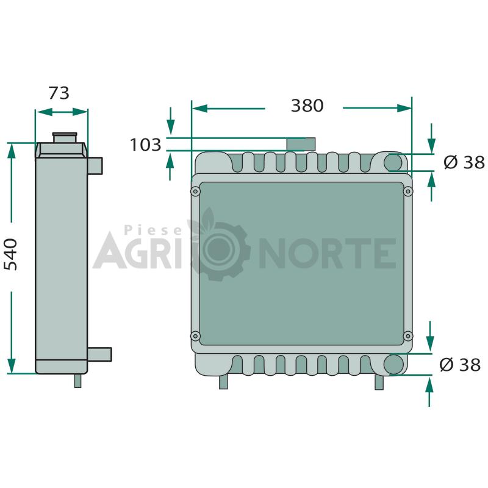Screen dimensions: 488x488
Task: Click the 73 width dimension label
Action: (59, 93)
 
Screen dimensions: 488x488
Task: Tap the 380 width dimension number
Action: (307, 106)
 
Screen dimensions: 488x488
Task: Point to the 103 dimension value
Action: (145, 145)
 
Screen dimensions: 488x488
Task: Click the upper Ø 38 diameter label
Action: (464, 162)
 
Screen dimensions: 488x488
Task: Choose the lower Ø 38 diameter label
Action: (460, 364)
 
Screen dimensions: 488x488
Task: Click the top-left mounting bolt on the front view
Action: (195, 191)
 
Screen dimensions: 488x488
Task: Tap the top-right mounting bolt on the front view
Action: (408, 191)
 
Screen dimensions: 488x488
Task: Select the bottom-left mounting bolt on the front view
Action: (195, 336)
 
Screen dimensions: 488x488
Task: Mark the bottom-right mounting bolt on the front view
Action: (408, 336)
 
